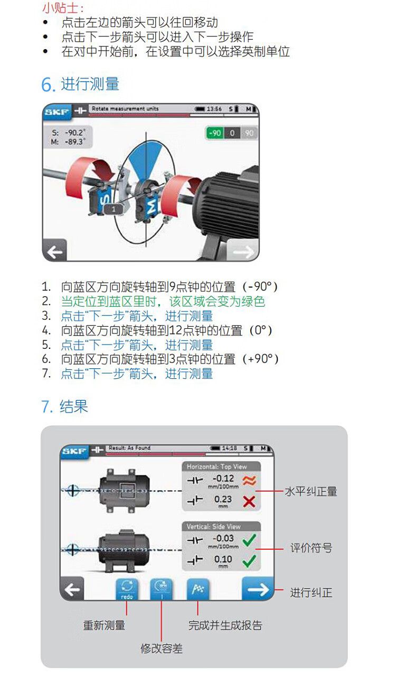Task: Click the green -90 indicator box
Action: coord(214,133)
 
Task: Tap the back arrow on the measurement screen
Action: coord(55,251)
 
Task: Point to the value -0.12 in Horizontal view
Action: coord(223,479)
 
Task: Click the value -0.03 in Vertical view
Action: coord(223,538)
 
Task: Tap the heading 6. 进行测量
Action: coord(80,84)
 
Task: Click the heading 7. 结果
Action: coord(64,406)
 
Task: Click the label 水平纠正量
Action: coord(311,491)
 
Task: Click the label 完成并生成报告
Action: coord(225,625)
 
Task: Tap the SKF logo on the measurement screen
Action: coord(56,112)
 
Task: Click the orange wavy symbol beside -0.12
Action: coord(249,481)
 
